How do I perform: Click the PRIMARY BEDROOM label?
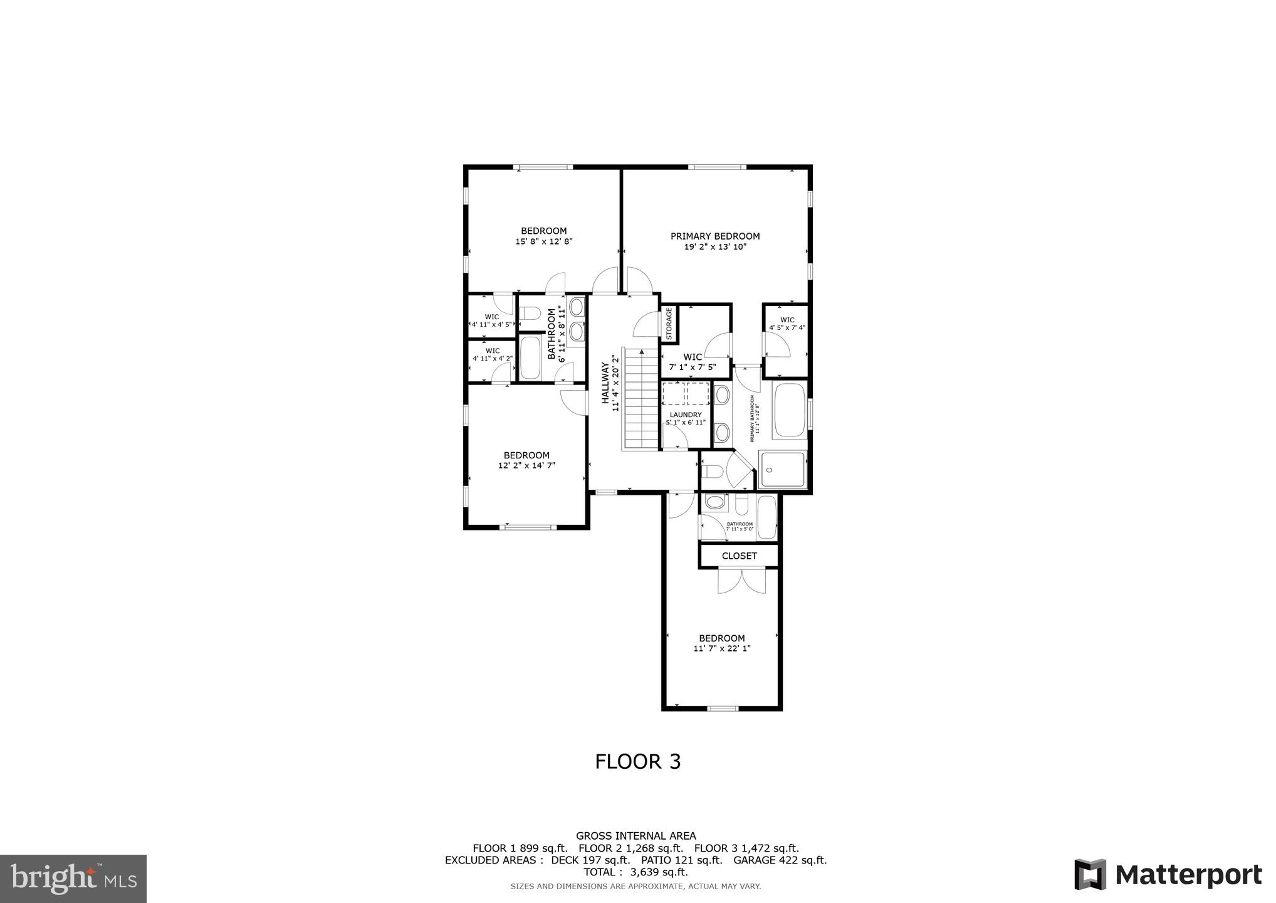[715, 236]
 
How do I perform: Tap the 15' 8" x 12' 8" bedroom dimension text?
[544, 241]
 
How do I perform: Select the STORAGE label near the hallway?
[669, 324]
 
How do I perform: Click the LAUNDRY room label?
[686, 415]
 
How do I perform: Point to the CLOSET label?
[739, 556]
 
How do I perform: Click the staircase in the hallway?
[639, 399]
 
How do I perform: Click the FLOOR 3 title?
[637, 761]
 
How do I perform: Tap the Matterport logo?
[1168, 875]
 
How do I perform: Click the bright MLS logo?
[73, 879]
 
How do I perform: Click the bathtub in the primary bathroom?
[790, 410]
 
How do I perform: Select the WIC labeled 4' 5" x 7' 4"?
[787, 324]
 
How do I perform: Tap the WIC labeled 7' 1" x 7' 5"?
[693, 362]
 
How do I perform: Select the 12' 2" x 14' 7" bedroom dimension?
[526, 465]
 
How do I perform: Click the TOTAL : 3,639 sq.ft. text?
[635, 872]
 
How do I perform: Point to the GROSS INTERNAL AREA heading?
[635, 835]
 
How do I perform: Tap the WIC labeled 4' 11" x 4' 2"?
[493, 355]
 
